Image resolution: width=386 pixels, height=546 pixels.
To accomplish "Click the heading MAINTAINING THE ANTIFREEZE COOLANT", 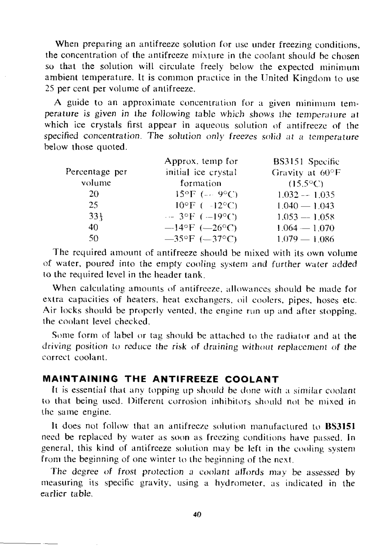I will pyautogui.click(x=161, y=379).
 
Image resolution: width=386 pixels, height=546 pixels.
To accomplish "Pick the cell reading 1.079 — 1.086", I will pyautogui.click(x=306, y=239).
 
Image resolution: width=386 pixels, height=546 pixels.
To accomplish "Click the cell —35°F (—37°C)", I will pyautogui.click(x=202, y=239).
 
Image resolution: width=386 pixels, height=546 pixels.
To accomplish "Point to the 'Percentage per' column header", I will pyautogui.click(x=96, y=172).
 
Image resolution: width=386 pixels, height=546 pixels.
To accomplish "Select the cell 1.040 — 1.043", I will pyautogui.click(x=306, y=206).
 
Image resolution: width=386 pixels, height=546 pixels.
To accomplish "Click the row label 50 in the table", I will pyautogui.click(x=93, y=238).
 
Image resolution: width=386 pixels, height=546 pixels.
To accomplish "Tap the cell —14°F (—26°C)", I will pyautogui.click(x=202, y=228).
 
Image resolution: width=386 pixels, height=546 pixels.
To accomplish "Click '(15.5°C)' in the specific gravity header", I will pyautogui.click(x=306, y=184).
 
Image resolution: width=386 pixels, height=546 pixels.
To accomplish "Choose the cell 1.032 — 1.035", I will pyautogui.click(x=306, y=195).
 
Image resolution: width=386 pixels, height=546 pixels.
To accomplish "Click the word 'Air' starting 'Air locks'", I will pyautogui.click(x=50, y=311).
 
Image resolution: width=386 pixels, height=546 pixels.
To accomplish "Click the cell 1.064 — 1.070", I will pyautogui.click(x=306, y=228).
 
